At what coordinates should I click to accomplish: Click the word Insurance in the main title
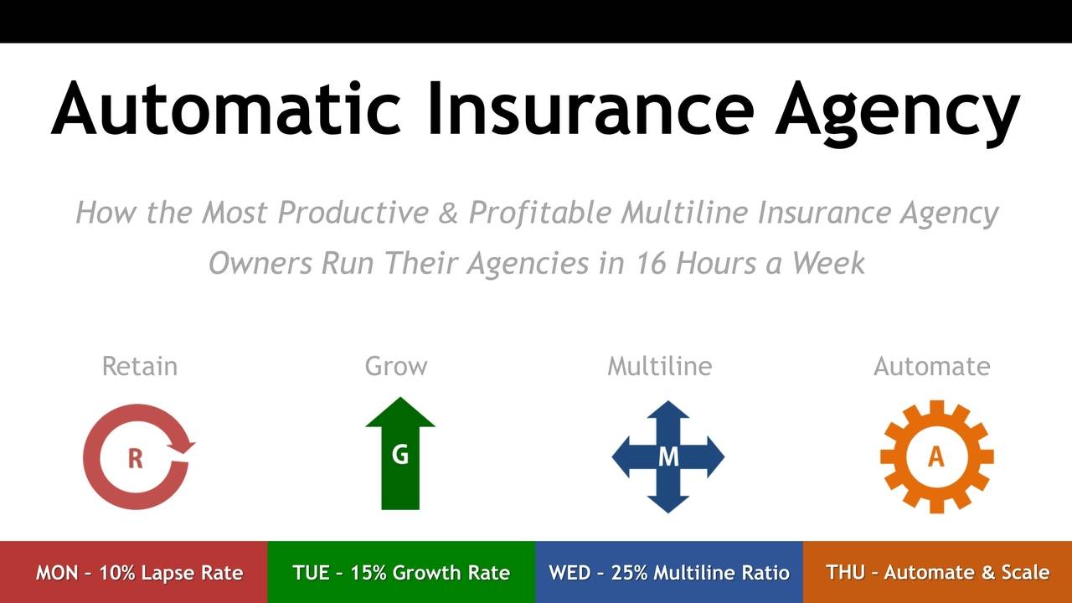pyautogui.click(x=590, y=109)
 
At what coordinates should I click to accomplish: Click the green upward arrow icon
pyautogui.click(x=400, y=453)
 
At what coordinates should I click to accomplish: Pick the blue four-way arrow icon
pyautogui.click(x=667, y=456)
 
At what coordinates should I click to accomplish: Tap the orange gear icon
pyautogui.click(x=936, y=456)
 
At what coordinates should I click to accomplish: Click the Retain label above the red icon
pyautogui.click(x=139, y=366)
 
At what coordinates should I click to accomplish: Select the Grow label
pyautogui.click(x=396, y=366)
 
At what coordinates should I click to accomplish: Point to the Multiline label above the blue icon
pyautogui.click(x=659, y=366)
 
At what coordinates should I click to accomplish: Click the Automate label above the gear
pyautogui.click(x=931, y=366)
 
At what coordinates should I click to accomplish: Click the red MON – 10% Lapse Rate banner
pyautogui.click(x=134, y=572)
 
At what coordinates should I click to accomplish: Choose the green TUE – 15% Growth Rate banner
pyautogui.click(x=401, y=572)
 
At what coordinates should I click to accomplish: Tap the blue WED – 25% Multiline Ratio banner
pyautogui.click(x=668, y=572)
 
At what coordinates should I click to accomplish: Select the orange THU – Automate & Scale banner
pyautogui.click(x=937, y=572)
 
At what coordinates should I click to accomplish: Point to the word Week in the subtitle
pyautogui.click(x=828, y=263)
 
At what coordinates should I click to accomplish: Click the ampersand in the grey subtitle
pyautogui.click(x=448, y=213)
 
